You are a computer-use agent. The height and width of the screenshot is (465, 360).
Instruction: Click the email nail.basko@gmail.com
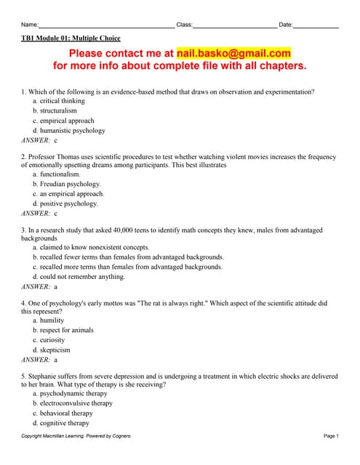[x=233, y=53]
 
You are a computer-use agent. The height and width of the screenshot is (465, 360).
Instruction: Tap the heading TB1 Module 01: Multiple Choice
[x=71, y=38]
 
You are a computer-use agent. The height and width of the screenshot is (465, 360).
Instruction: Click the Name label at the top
[x=30, y=25]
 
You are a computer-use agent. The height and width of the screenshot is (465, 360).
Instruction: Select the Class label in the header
[x=185, y=25]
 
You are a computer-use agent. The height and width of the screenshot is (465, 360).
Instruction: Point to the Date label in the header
[x=286, y=25]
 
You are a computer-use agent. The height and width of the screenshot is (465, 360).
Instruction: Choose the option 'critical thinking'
[x=62, y=101]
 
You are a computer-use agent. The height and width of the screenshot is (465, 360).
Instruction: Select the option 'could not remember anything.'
[x=82, y=277]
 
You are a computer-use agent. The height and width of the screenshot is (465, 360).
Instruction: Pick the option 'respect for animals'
[x=67, y=331]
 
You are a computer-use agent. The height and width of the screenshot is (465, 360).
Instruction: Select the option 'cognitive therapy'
[x=65, y=423]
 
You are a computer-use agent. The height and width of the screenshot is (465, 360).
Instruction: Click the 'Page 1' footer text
[x=331, y=436]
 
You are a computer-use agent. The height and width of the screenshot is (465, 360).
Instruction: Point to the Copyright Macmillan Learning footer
[x=76, y=436]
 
